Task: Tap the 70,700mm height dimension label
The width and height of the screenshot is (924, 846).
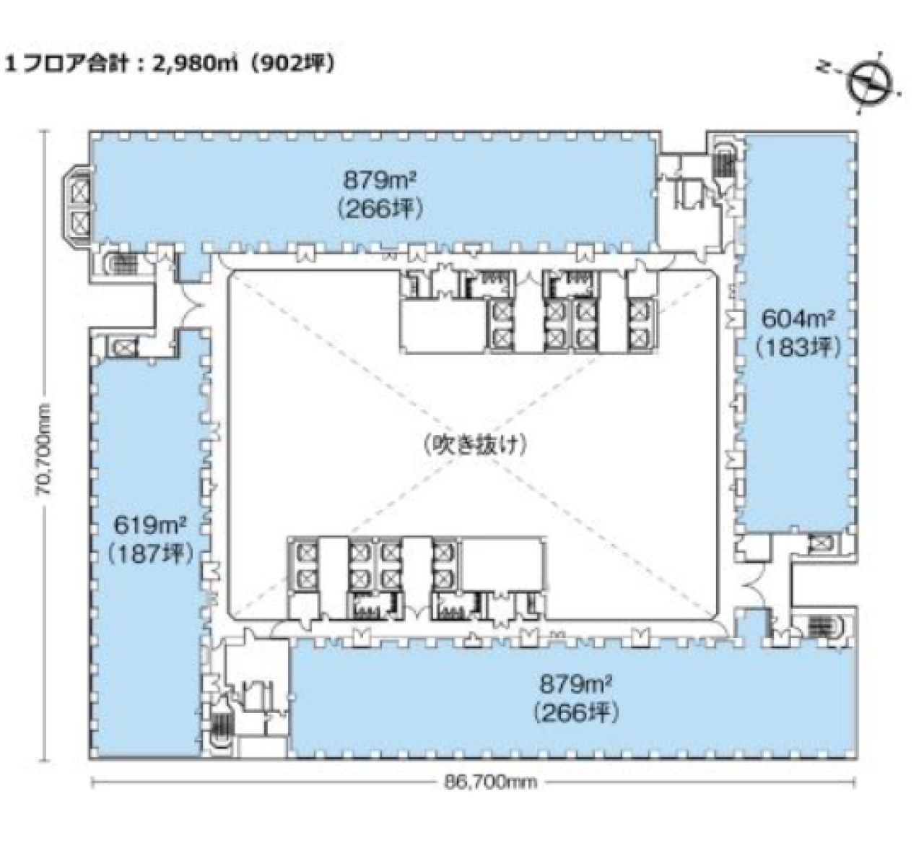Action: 45,449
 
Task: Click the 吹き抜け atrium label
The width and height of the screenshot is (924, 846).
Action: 474,445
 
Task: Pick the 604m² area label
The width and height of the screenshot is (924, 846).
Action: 798,318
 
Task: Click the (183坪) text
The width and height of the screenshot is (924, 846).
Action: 798,347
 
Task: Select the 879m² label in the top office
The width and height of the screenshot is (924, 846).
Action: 380,181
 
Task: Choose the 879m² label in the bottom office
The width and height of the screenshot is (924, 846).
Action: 576,685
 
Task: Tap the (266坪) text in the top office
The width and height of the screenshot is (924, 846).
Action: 380,210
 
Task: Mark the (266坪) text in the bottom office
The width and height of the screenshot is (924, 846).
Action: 576,714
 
